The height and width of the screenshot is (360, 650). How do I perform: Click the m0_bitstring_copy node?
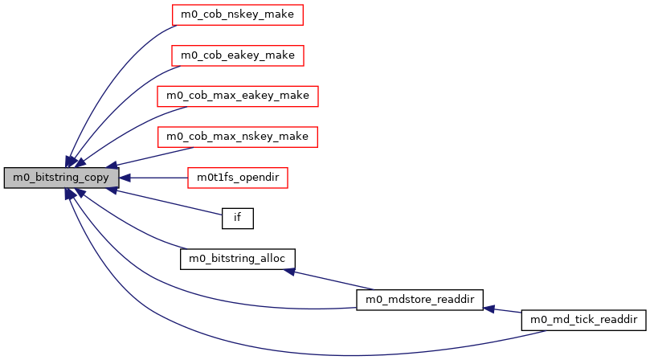(61, 178)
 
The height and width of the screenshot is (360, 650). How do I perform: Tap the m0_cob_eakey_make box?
(238, 55)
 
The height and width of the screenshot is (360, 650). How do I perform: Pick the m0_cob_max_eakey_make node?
(238, 96)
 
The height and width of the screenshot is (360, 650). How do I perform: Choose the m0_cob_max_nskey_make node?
(238, 137)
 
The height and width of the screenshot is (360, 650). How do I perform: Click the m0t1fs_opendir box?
(237, 178)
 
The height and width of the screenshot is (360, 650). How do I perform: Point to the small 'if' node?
(237, 218)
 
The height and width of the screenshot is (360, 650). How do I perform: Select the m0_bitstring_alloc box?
(238, 259)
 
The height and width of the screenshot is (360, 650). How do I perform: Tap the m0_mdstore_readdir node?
(419, 300)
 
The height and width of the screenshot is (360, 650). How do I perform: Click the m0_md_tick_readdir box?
(583, 320)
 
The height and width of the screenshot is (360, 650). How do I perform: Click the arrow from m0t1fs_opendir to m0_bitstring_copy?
(157, 178)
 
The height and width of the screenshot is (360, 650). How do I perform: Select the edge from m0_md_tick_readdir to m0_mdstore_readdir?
(506, 310)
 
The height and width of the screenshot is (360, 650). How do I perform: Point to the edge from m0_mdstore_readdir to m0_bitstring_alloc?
(329, 280)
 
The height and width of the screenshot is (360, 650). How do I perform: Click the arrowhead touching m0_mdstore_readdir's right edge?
(488, 308)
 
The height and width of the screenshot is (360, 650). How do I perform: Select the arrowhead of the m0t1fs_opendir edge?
(126, 178)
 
